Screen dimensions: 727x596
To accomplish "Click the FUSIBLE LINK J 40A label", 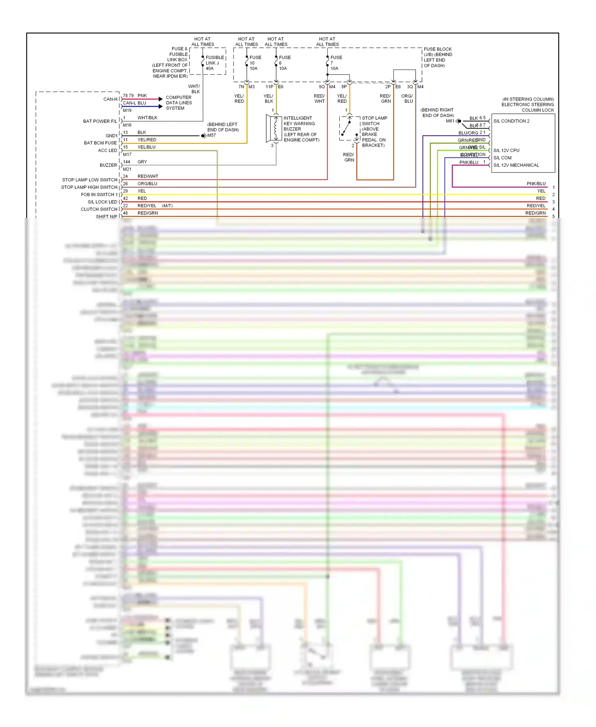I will pyautogui.click(x=215, y=63).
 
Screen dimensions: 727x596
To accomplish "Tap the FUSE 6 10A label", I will pyautogui.click(x=284, y=63).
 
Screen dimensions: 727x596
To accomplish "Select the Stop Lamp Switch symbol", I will pyautogui.click(x=349, y=128).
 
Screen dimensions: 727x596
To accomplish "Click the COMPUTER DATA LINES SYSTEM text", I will pyautogui.click(x=179, y=103).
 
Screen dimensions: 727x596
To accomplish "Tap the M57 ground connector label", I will pyautogui.click(x=211, y=135).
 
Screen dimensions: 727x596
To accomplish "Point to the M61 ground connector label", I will pyautogui.click(x=450, y=121).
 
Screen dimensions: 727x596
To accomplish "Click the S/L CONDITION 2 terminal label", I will pyautogui.click(x=511, y=121).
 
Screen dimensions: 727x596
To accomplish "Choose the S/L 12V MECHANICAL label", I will pyautogui.click(x=516, y=165).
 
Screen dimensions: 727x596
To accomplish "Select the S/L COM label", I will pyautogui.click(x=502, y=158).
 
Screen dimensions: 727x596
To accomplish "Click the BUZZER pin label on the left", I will pyautogui.click(x=108, y=165).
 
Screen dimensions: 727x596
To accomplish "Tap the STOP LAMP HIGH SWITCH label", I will pyautogui.click(x=89, y=187).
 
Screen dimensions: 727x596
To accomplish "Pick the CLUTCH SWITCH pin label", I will pyautogui.click(x=99, y=209).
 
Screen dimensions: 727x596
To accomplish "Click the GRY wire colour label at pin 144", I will pyautogui.click(x=142, y=162).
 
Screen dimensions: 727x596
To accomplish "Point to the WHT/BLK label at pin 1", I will pyautogui.click(x=147, y=118).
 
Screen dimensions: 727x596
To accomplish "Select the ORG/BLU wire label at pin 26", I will pyautogui.click(x=147, y=184).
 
